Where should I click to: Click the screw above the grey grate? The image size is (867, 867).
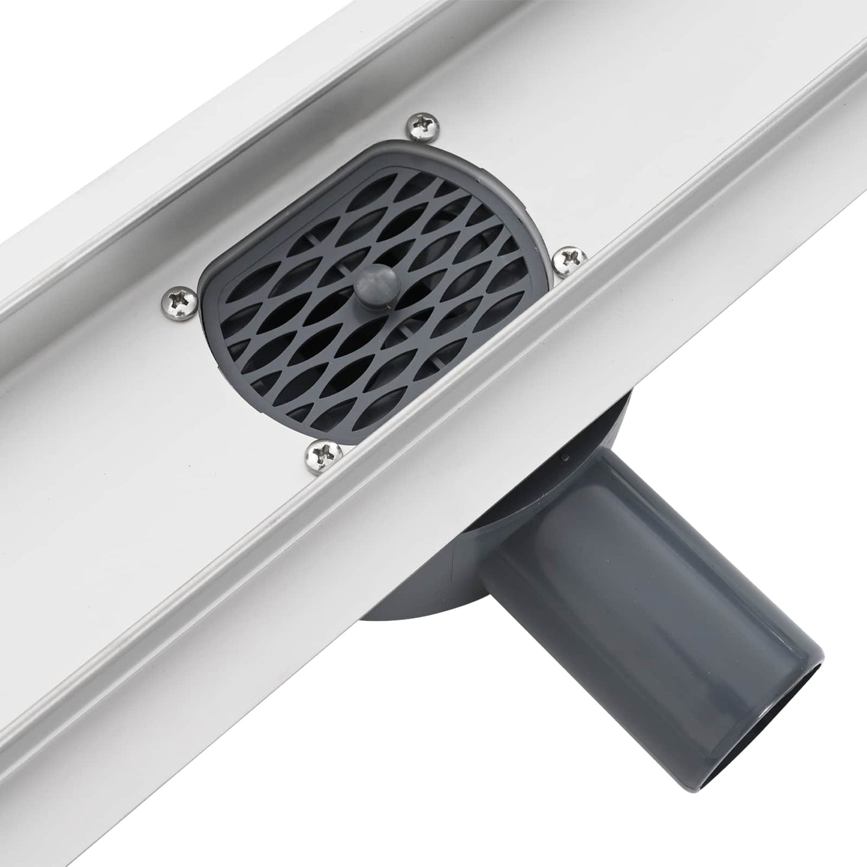tap(424, 125)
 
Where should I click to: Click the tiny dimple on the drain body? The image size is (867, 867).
tap(565, 458)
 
